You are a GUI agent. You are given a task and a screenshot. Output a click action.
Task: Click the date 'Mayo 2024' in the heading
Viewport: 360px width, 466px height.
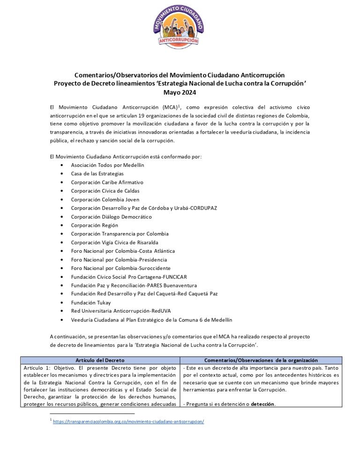point(180,92)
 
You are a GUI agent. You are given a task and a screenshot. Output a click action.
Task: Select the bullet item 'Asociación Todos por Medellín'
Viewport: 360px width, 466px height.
point(107,165)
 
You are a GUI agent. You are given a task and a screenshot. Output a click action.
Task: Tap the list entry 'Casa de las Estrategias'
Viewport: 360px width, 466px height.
point(97,173)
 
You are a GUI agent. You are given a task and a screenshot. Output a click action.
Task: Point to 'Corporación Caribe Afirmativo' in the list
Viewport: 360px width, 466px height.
point(107,182)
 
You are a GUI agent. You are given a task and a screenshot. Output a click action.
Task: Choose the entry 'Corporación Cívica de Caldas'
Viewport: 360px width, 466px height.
point(105,191)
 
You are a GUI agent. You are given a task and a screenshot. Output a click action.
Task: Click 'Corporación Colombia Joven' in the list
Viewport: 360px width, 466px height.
point(105,199)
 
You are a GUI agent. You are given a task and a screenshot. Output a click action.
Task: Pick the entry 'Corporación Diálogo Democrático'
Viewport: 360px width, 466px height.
point(112,217)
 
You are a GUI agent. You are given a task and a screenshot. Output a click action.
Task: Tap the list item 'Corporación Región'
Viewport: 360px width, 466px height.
point(92,225)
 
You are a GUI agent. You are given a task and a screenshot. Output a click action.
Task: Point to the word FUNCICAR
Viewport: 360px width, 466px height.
point(174,277)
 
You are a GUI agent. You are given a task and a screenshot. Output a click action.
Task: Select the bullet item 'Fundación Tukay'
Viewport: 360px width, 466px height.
point(91,302)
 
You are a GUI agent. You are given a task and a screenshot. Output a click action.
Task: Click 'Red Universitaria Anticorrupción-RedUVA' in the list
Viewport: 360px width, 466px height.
point(121,311)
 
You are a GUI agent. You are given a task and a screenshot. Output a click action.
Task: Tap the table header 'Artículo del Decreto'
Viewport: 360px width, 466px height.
point(100,360)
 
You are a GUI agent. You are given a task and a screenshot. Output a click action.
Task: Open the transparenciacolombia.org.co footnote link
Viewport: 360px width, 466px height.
point(128,421)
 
